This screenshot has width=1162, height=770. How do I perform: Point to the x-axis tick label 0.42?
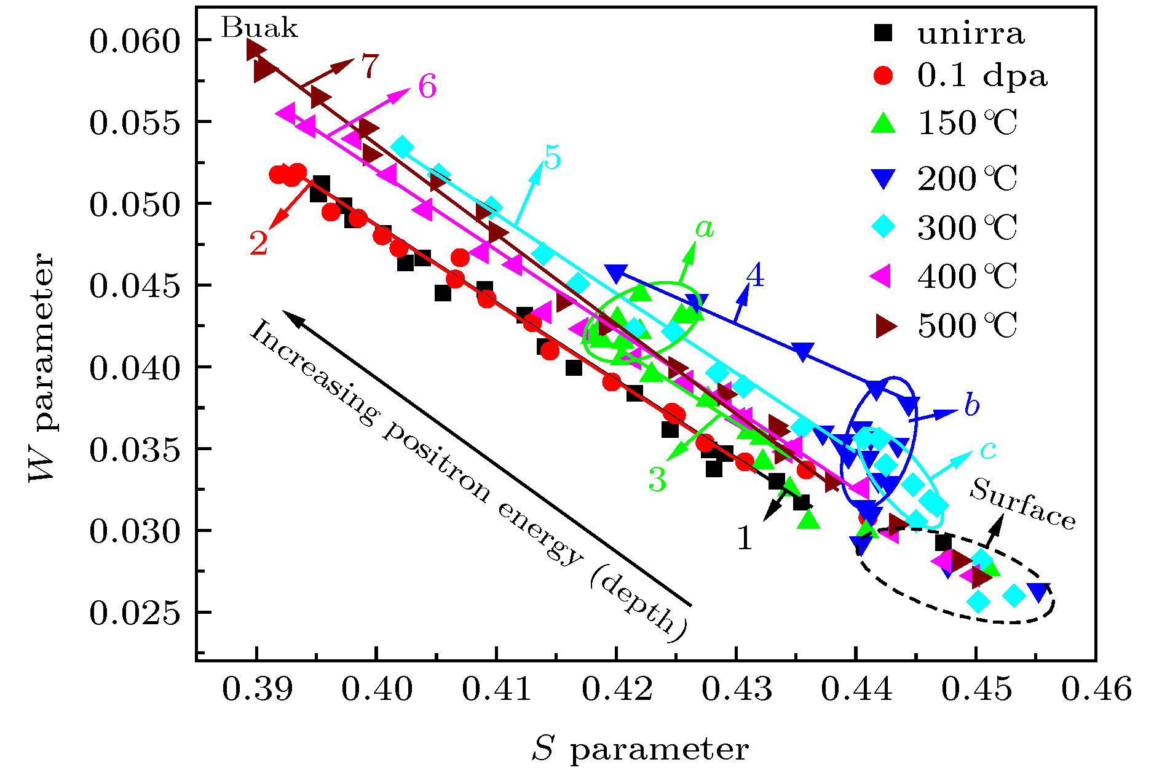point(617,689)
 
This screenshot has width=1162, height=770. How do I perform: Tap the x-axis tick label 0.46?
point(1096,689)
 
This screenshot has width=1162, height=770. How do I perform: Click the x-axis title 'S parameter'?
point(640,749)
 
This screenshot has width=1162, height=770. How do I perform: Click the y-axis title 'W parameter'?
point(42,368)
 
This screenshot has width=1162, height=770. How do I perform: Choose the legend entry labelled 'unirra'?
point(971,33)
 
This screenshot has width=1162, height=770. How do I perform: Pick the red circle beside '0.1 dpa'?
point(883,76)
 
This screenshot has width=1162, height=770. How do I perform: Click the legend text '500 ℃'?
point(968,325)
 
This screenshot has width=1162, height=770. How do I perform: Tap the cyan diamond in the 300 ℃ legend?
point(883,227)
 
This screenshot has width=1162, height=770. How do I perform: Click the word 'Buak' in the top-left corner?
point(259,28)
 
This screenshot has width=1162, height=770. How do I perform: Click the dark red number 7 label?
point(369,66)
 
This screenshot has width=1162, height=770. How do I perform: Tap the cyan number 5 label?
point(552,158)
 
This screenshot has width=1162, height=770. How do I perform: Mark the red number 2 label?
point(259,243)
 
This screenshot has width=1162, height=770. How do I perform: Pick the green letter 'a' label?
point(705,228)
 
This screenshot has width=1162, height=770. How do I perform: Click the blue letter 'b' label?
point(971,405)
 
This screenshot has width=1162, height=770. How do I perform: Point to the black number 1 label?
point(745,538)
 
